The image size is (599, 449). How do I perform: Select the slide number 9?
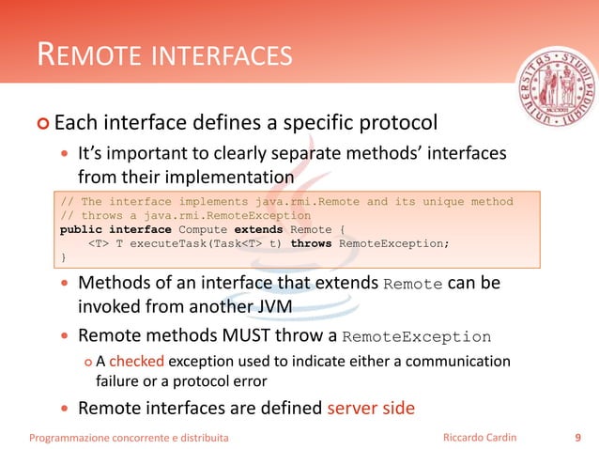[x=576, y=436]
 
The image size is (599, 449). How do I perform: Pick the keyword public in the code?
[x=81, y=228]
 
